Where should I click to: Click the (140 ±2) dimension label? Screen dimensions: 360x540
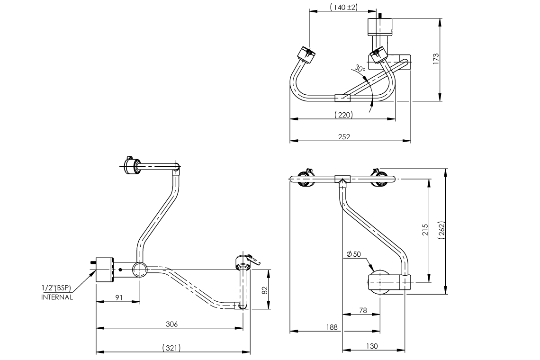click(x=343, y=7)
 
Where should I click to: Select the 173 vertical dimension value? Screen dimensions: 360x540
click(x=436, y=59)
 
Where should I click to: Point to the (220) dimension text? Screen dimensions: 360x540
click(x=343, y=115)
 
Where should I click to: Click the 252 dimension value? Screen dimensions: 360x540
click(x=344, y=137)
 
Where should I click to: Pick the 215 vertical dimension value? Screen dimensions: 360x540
click(x=425, y=230)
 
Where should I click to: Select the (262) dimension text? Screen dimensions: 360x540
click(x=441, y=231)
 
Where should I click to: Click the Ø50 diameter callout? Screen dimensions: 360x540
click(x=353, y=254)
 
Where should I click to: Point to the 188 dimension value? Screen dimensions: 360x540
click(x=332, y=327)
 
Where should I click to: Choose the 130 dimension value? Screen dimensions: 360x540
click(x=372, y=346)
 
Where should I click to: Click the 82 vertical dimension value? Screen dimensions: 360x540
click(x=265, y=289)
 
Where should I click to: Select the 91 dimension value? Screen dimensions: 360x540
click(x=119, y=297)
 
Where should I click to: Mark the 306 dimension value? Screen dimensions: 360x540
click(x=171, y=324)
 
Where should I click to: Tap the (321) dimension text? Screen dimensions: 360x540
click(x=171, y=348)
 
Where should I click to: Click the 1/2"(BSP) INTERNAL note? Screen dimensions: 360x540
click(x=57, y=293)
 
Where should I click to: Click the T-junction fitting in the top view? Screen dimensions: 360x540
click(x=342, y=98)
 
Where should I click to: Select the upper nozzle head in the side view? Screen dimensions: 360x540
click(x=130, y=166)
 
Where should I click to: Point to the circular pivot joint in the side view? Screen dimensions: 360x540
click(x=140, y=270)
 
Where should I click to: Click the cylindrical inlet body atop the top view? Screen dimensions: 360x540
click(x=380, y=26)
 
